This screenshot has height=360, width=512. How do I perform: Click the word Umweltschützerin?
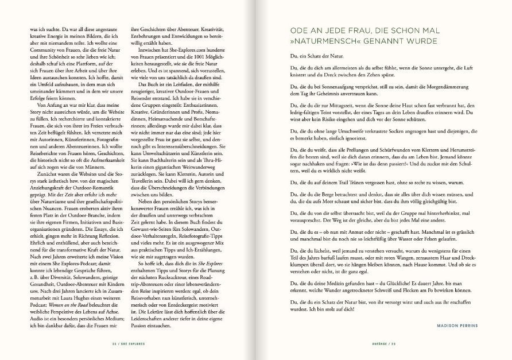click(176, 171)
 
